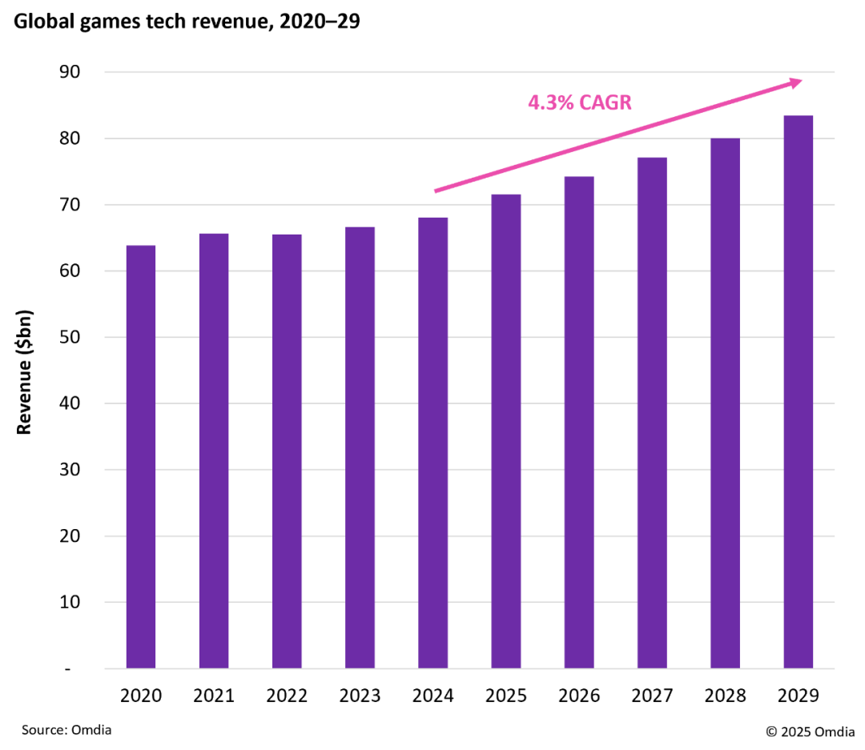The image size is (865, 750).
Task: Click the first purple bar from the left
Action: click(141, 456)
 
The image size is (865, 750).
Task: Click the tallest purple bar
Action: click(798, 391)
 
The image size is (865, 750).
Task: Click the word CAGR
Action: click(605, 102)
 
